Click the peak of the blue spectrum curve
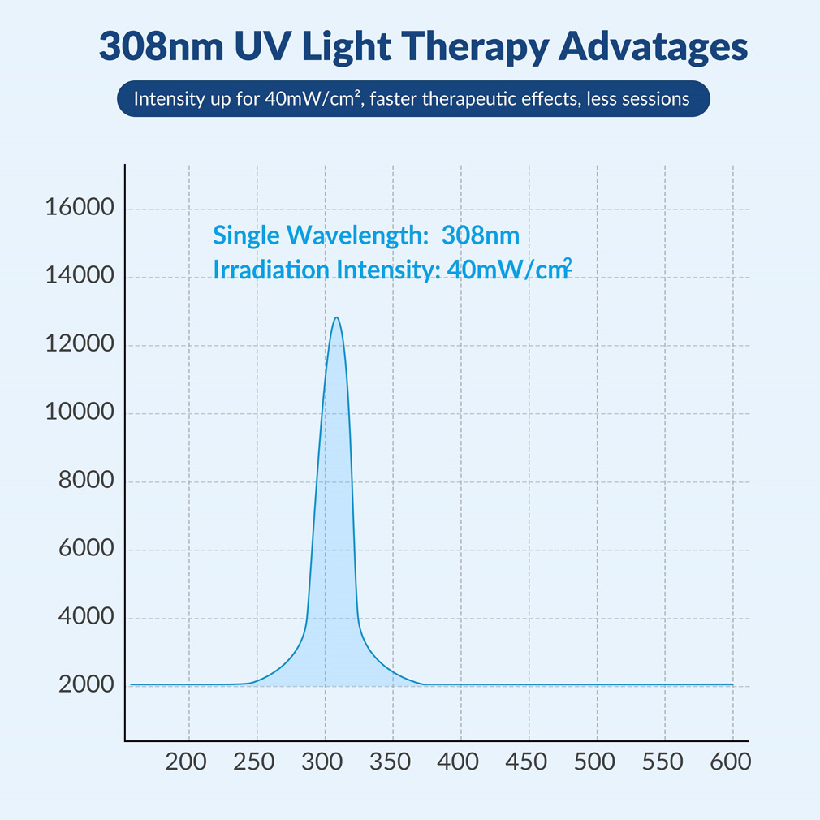(336, 317)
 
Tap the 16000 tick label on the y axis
(80, 208)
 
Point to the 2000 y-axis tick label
(85, 685)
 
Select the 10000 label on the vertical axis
(80, 412)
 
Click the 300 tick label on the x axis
(325, 763)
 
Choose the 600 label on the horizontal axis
(732, 763)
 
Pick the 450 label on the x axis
(529, 763)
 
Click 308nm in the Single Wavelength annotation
(480, 235)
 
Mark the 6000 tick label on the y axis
(85, 549)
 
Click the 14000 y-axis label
(80, 276)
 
